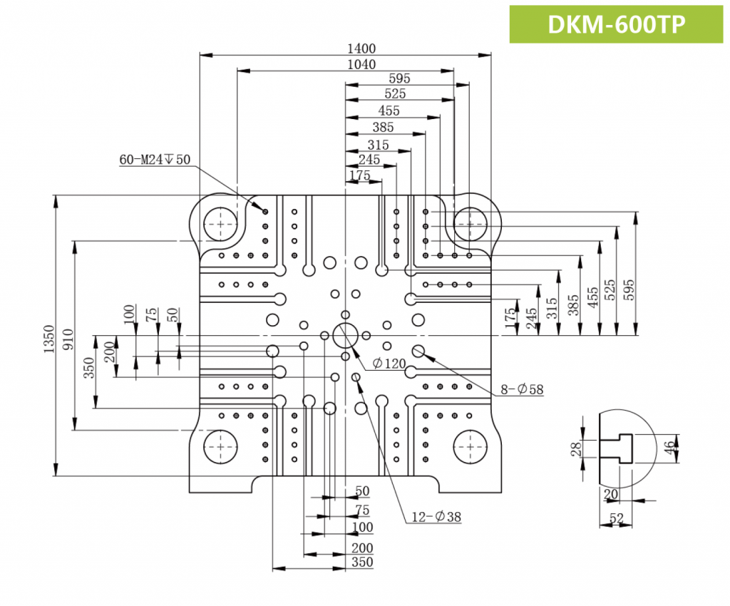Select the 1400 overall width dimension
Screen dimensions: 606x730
(x=361, y=48)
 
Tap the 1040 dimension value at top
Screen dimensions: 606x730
(x=361, y=65)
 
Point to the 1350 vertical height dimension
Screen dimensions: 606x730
(x=48, y=335)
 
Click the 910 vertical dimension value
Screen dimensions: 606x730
(x=67, y=335)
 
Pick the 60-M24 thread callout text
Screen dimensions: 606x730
(x=155, y=160)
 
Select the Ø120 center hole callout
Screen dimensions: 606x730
(x=390, y=364)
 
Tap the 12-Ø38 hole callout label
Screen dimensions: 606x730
(x=436, y=517)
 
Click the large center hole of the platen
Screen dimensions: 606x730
(x=346, y=335)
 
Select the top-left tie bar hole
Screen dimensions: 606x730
(x=221, y=224)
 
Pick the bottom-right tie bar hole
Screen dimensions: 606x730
(x=471, y=446)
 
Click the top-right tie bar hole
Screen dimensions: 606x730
(x=471, y=224)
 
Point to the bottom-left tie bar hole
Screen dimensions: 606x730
(x=221, y=446)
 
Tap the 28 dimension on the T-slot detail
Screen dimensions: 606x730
(x=575, y=448)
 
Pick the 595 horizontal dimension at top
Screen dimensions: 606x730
(x=400, y=78)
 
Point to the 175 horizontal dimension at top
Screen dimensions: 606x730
(x=360, y=175)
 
